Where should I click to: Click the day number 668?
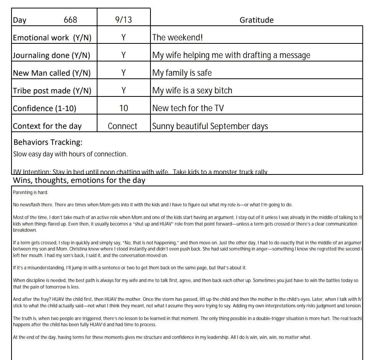(x=70, y=20)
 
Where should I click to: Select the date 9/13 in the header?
(x=123, y=20)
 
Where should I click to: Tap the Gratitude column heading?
(x=256, y=20)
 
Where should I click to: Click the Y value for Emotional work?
(x=124, y=38)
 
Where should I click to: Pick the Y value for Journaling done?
(x=124, y=55)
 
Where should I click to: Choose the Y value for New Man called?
(x=124, y=73)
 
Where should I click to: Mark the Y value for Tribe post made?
(x=124, y=91)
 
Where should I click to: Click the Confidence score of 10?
(x=124, y=108)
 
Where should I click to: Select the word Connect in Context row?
(x=122, y=126)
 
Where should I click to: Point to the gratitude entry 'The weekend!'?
(x=177, y=38)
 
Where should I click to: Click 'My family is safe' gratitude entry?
(x=182, y=73)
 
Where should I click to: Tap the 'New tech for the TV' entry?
(x=188, y=108)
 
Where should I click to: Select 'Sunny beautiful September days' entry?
(x=210, y=126)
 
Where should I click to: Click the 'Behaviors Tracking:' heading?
(x=48, y=142)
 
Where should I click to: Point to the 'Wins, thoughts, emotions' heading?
(x=79, y=180)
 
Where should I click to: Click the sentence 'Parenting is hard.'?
(x=30, y=192)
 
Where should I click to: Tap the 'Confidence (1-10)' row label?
(x=45, y=108)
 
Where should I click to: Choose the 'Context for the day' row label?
(x=47, y=126)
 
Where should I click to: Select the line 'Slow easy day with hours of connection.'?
(x=70, y=154)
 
